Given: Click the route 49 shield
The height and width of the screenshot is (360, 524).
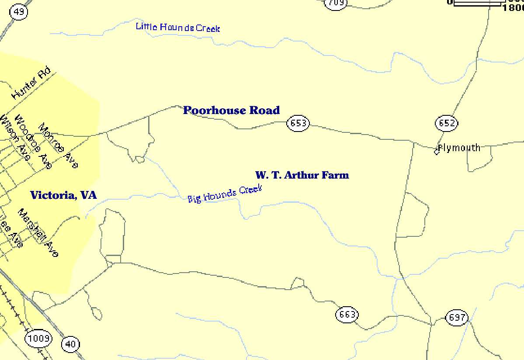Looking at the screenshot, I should [19, 12].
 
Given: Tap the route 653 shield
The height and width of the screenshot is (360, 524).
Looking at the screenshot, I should [298, 123].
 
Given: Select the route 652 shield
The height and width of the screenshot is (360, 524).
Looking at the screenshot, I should [446, 123].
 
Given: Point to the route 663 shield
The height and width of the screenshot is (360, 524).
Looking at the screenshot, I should [347, 315].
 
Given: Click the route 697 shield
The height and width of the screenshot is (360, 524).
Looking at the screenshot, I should [457, 317].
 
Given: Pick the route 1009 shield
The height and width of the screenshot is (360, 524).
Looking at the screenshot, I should [38, 338].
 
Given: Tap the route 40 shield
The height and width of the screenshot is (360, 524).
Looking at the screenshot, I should [70, 344].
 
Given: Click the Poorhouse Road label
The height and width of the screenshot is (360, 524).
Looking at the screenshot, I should [231, 111].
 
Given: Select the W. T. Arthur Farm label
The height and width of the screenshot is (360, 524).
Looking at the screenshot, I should [302, 175].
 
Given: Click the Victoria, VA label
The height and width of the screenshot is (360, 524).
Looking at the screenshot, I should [63, 195].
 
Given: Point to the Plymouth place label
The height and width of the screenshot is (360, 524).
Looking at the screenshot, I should [459, 148].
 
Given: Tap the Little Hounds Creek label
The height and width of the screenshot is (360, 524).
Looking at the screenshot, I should [178, 27].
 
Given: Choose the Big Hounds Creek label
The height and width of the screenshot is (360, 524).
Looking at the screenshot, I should [225, 194].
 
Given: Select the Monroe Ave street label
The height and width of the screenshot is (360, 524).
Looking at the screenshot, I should [58, 146].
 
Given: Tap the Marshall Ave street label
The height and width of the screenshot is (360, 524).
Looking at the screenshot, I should [38, 232].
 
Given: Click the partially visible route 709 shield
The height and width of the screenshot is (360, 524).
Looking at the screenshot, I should [336, 3].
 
